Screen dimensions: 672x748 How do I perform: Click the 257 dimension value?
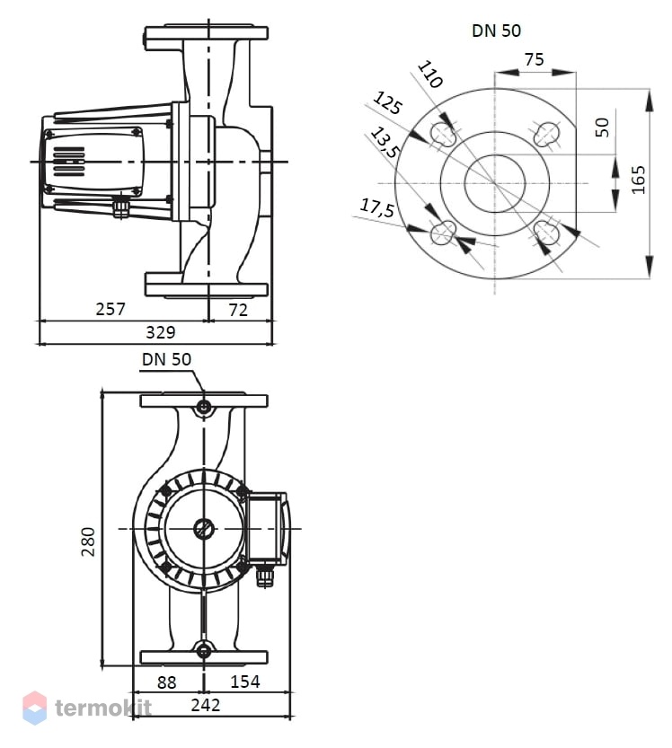pyautogui.click(x=111, y=309)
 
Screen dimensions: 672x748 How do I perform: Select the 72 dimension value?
pyautogui.click(x=238, y=310)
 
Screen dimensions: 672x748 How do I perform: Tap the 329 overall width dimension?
pyautogui.click(x=160, y=332)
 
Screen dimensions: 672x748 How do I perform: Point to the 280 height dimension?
pyautogui.click(x=88, y=541)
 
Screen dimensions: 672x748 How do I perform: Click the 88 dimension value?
pyautogui.click(x=166, y=682)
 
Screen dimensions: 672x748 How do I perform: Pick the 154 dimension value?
pyautogui.click(x=245, y=682)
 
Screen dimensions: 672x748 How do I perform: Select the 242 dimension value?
pyautogui.click(x=206, y=705)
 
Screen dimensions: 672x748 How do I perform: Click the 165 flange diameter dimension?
pyautogui.click(x=638, y=180)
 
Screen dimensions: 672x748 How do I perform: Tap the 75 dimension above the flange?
pyautogui.click(x=534, y=59)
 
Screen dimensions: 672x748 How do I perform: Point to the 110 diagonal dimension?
pyautogui.click(x=430, y=75)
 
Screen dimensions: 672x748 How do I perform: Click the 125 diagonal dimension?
pyautogui.click(x=387, y=103)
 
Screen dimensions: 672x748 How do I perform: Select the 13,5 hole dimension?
pyautogui.click(x=385, y=143)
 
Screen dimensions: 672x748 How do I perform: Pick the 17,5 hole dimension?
pyautogui.click(x=377, y=208)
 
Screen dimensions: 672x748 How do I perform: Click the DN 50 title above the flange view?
pyautogui.click(x=496, y=31)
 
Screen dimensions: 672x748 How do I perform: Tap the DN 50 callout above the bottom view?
pyautogui.click(x=166, y=359)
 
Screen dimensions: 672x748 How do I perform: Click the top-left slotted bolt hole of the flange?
pyautogui.click(x=443, y=134)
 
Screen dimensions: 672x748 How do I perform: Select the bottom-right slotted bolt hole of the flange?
pyautogui.click(x=546, y=233)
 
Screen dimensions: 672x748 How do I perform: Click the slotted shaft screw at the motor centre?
pyautogui.click(x=204, y=529)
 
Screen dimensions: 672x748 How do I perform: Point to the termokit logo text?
pyautogui.click(x=103, y=708)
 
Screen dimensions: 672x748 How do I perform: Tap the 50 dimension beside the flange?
pyautogui.click(x=603, y=128)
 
